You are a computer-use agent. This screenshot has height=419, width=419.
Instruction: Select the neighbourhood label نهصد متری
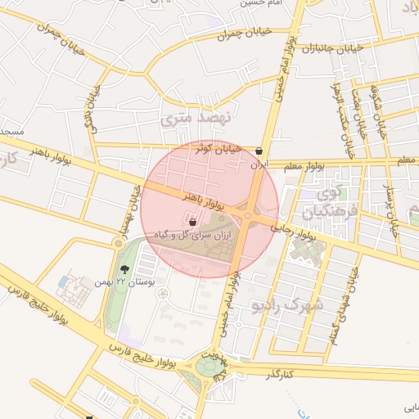pos(196,119)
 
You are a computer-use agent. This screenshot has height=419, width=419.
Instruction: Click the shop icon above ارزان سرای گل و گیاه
pos(192,221)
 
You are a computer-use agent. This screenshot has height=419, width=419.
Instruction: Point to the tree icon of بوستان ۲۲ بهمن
pos(124,268)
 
